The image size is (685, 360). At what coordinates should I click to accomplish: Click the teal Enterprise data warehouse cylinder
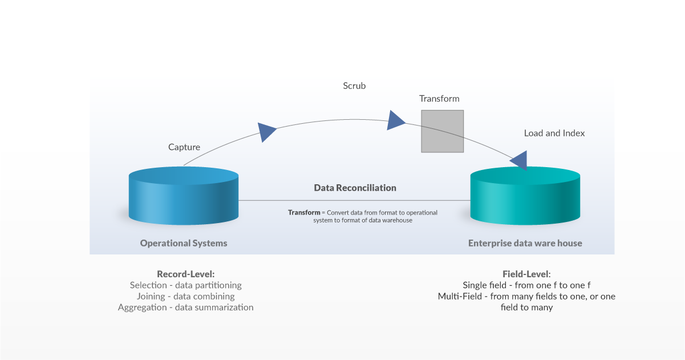[525, 196]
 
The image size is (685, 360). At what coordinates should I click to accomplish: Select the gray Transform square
[442, 131]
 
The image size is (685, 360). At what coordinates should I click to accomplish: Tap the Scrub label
[354, 86]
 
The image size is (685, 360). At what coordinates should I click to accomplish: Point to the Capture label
[184, 147]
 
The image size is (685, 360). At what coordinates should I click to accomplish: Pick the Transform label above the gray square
[439, 99]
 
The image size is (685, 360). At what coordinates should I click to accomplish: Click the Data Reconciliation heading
[355, 188]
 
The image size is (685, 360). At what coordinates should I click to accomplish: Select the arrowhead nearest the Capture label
[266, 132]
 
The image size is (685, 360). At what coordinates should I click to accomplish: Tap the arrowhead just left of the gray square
[395, 120]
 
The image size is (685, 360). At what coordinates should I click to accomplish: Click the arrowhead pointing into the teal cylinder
[520, 160]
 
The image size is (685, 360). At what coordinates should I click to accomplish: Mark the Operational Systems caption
[184, 243]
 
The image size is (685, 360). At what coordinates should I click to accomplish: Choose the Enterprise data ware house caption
[525, 243]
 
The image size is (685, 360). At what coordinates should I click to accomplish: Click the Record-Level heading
[185, 274]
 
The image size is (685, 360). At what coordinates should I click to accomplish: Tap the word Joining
[151, 296]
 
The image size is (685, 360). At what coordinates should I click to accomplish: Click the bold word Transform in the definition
[304, 212]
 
